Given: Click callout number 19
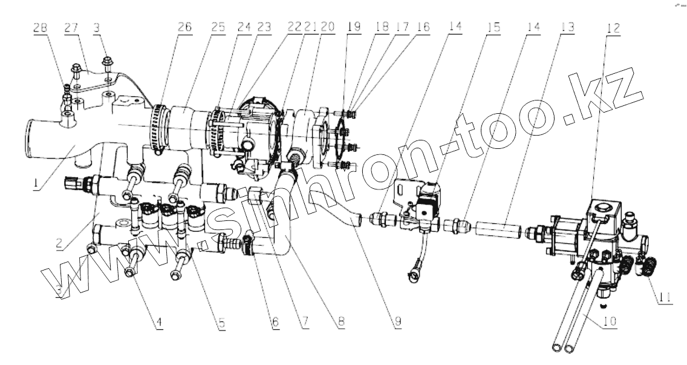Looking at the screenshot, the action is (x=353, y=27).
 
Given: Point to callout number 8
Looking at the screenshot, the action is (x=342, y=322).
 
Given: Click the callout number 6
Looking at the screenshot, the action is (x=276, y=322).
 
